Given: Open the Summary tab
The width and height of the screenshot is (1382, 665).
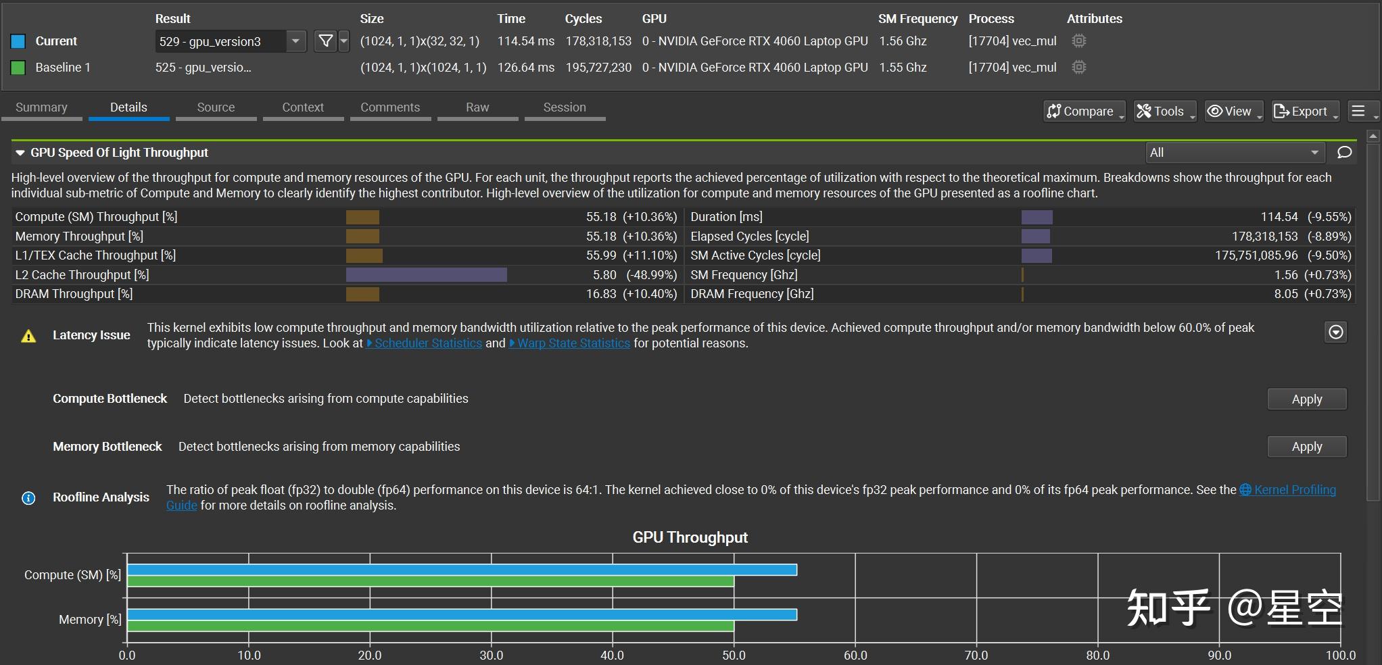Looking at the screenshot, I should pos(41,107).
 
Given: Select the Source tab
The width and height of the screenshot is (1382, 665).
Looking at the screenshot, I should pos(216,107).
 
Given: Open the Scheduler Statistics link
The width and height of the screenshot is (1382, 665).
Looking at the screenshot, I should pos(428,343).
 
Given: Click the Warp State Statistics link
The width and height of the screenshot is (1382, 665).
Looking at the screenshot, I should pos(573,343).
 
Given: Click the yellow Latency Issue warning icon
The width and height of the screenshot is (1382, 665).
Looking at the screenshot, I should pos(28,336).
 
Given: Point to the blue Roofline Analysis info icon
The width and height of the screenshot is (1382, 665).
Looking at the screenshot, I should pos(28,498).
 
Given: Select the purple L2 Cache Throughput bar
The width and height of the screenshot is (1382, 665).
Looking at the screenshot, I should pos(426,275).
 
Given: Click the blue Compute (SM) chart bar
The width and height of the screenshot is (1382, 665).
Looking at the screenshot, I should pos(462,570).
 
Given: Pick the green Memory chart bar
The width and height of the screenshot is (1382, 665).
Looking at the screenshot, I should pos(430,626).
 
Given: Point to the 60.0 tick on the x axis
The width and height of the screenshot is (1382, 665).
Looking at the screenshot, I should pos(855,655).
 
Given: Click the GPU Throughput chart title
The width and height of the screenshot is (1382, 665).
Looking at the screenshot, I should pos(690,537).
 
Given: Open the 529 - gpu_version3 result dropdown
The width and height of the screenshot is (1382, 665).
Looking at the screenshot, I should pos(295,41).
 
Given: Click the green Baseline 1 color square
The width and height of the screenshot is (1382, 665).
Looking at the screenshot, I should pos(18,68).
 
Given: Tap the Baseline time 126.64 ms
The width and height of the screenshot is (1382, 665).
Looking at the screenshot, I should pos(525,68).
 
